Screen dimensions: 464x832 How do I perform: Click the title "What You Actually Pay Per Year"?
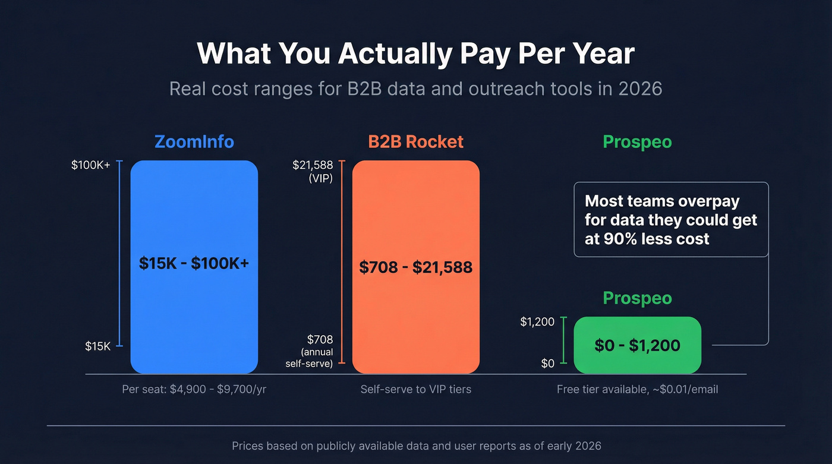click(415, 53)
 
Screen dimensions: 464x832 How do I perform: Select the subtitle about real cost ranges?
click(415, 89)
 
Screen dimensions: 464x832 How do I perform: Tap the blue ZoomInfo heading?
click(194, 142)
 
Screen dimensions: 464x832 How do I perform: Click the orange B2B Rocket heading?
click(415, 142)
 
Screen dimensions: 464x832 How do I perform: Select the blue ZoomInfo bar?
click(194, 309)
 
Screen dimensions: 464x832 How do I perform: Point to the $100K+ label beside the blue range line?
click(91, 165)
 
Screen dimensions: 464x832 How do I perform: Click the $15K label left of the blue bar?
click(97, 346)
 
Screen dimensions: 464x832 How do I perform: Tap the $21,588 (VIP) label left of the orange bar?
click(313, 171)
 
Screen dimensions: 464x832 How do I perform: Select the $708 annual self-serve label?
click(310, 351)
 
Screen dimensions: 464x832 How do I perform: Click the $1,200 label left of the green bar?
click(537, 322)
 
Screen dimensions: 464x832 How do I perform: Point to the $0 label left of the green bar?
click(547, 363)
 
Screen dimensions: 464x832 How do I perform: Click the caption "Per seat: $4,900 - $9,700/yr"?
click(194, 390)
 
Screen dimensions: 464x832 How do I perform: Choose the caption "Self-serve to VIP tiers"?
click(415, 390)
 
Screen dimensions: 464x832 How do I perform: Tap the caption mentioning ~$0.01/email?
click(637, 390)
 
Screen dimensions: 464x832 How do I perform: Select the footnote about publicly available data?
click(416, 446)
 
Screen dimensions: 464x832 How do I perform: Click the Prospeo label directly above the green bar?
click(637, 298)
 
